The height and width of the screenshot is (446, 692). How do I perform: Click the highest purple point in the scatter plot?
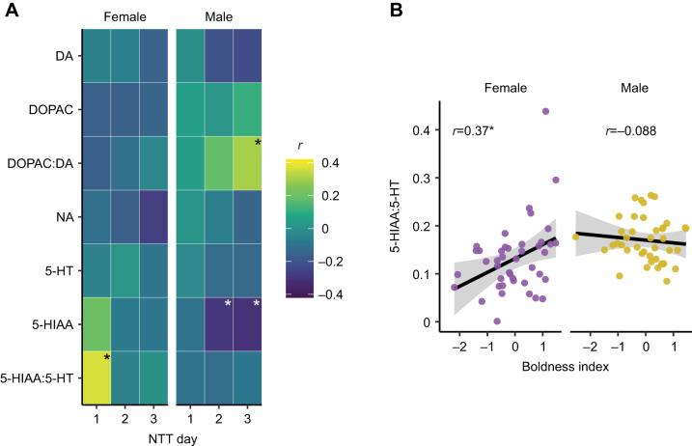coord(545,112)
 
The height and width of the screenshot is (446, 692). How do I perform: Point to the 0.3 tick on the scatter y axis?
coord(422,179)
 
